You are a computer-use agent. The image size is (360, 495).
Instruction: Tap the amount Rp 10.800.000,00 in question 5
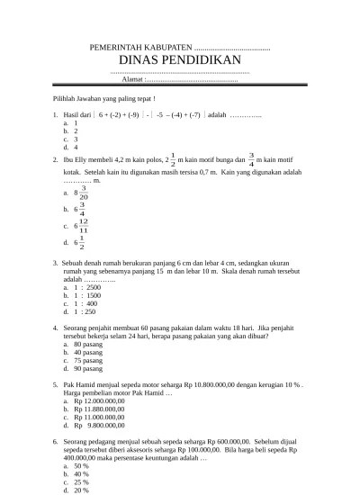tap(219, 385)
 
